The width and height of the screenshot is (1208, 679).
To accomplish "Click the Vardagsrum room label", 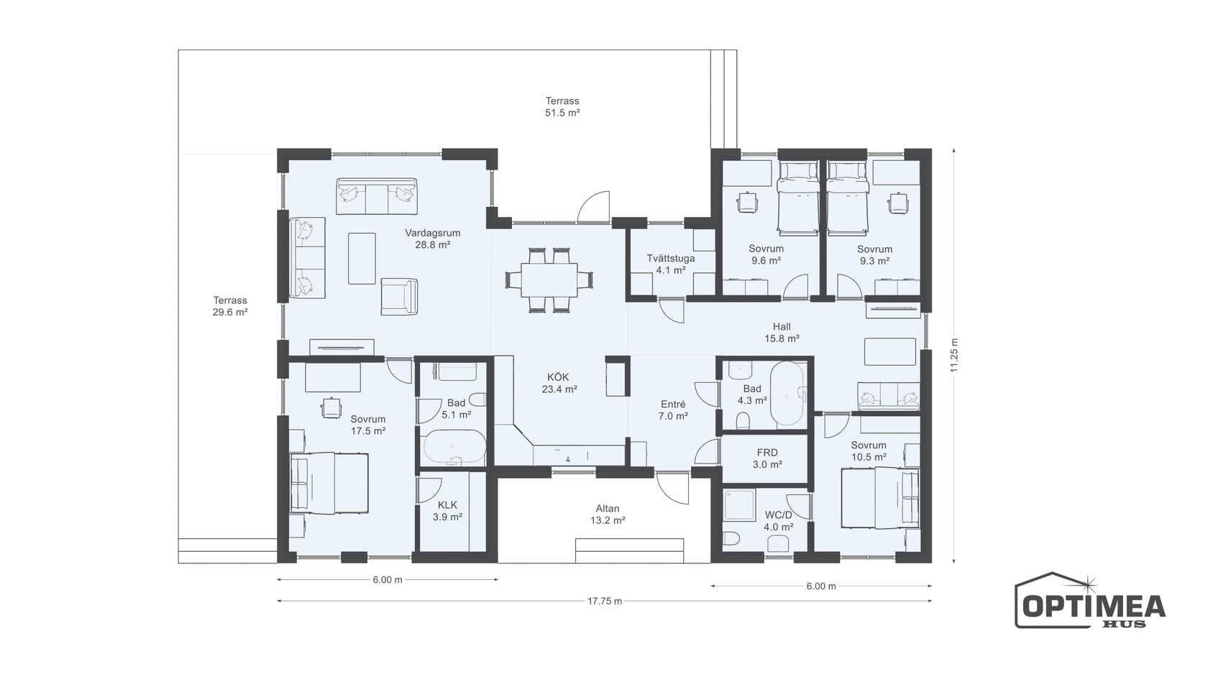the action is pyautogui.click(x=433, y=239).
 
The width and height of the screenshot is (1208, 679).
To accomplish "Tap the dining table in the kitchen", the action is pyautogui.click(x=549, y=280).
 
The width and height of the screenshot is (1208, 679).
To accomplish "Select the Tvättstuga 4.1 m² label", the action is pyautogui.click(x=671, y=264).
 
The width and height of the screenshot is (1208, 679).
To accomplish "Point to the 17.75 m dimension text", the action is pyautogui.click(x=605, y=601).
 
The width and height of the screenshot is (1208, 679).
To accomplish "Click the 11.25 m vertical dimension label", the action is pyautogui.click(x=955, y=355).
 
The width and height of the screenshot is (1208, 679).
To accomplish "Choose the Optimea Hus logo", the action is pyautogui.click(x=1090, y=601).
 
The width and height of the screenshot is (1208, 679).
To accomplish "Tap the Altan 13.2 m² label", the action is pyautogui.click(x=607, y=514).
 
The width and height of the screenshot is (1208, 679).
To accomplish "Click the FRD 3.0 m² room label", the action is pyautogui.click(x=767, y=458).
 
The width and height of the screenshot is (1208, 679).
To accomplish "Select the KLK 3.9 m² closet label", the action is pyautogui.click(x=447, y=511).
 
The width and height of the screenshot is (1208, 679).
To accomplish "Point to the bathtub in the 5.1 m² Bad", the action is pyautogui.click(x=454, y=447).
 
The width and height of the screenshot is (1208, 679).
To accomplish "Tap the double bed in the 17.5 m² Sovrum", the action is pyautogui.click(x=329, y=484).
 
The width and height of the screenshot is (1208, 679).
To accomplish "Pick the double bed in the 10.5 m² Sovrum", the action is pyautogui.click(x=880, y=498).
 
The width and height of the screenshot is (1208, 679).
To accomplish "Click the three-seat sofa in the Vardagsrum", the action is pyautogui.click(x=377, y=196).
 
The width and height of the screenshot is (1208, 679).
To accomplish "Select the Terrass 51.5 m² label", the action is pyautogui.click(x=562, y=106).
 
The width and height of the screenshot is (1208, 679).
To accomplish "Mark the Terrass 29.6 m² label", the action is pyautogui.click(x=230, y=306).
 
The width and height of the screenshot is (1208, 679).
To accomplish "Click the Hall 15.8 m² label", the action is pyautogui.click(x=782, y=333).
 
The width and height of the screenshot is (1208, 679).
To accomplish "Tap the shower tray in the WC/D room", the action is pyautogui.click(x=739, y=505).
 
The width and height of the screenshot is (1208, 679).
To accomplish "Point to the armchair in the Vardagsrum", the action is pyautogui.click(x=399, y=296).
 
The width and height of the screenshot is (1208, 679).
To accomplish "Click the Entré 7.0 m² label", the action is pyautogui.click(x=673, y=410).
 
